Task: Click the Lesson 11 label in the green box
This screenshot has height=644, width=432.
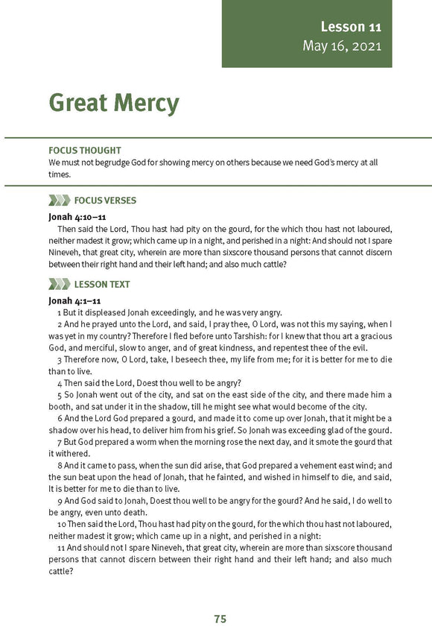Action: (x=351, y=27)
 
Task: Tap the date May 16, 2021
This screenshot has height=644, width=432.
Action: (x=342, y=45)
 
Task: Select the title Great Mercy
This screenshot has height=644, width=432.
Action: (x=114, y=103)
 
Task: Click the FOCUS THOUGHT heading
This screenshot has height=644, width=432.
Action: (x=84, y=151)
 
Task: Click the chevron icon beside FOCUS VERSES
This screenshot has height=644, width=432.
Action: (x=59, y=201)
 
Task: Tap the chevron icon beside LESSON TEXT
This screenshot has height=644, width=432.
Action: (x=59, y=284)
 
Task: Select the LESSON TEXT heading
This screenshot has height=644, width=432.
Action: (x=102, y=284)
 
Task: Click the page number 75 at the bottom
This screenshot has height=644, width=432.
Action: (x=220, y=619)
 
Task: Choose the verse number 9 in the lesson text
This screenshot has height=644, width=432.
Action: (x=59, y=501)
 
